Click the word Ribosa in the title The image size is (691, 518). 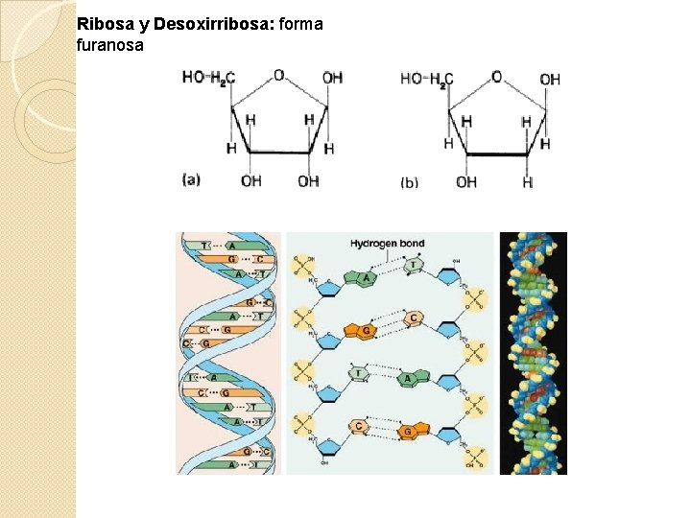click(99, 23)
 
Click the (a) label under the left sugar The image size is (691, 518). click(191, 178)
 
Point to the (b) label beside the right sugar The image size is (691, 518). click(409, 181)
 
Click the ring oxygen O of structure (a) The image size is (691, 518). click(278, 74)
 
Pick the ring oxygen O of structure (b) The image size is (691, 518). click(496, 76)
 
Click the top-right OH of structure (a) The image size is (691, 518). click(332, 78)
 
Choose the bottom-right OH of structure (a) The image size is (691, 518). click(308, 180)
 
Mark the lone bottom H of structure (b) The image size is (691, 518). click(527, 182)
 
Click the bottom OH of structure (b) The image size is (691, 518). click(466, 181)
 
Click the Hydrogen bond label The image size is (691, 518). click(387, 244)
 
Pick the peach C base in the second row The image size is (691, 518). click(414, 318)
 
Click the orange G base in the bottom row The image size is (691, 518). click(408, 432)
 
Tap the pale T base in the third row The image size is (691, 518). click(358, 372)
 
